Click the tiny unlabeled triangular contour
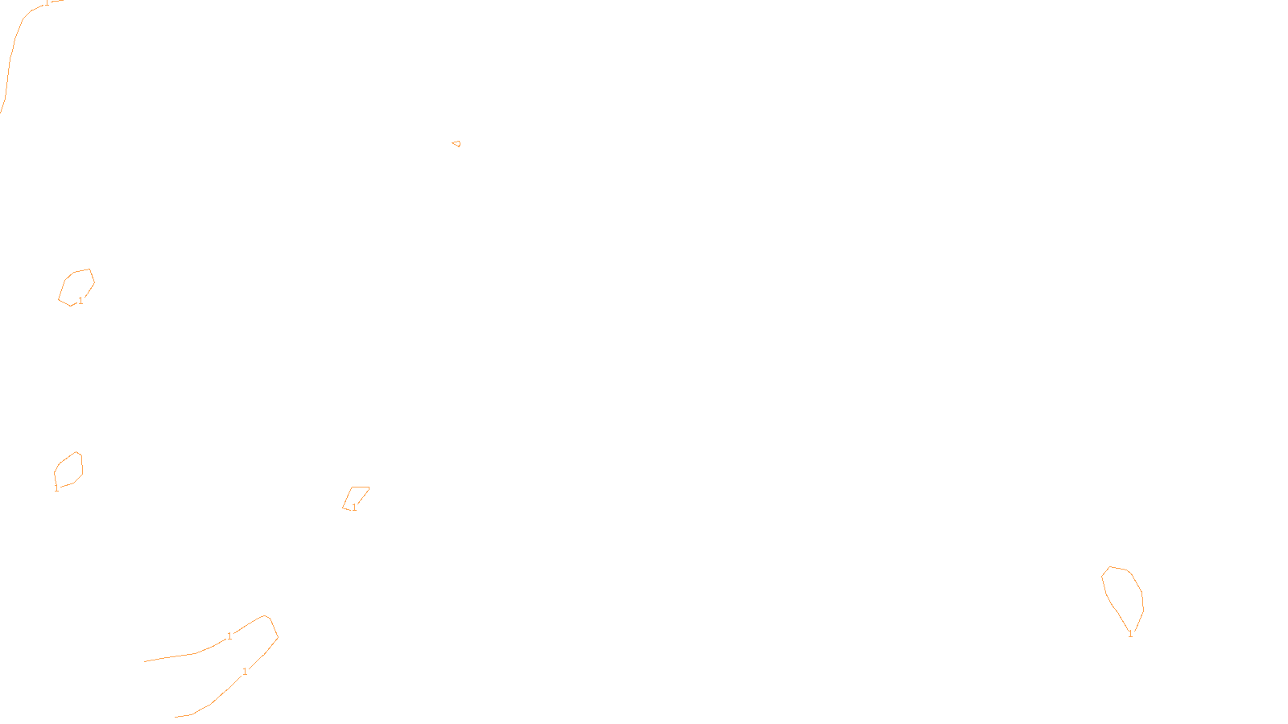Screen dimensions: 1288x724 (456, 144)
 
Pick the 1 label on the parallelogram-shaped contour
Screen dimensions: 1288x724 (354, 508)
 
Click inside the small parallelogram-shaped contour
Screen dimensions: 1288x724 (357, 496)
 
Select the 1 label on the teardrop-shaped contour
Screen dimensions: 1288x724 (1130, 634)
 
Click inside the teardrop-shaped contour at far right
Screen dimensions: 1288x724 (1123, 591)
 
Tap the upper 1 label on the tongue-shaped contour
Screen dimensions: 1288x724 (229, 636)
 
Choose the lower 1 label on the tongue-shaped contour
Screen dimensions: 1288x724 (245, 672)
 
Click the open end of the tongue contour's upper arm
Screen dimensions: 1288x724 (146, 661)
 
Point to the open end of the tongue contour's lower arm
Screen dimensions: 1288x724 (176, 716)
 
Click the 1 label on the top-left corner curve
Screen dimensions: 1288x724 (47, 3)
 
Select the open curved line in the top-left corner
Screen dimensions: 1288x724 (11, 56)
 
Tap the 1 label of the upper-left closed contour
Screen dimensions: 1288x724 (80, 301)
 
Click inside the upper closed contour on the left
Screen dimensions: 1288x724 (76, 287)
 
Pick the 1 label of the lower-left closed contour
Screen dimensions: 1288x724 (56, 488)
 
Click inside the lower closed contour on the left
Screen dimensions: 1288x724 (68, 470)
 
